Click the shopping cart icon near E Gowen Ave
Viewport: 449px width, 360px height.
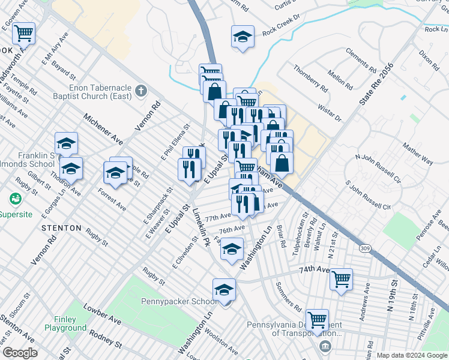pyautogui.click(x=24, y=33)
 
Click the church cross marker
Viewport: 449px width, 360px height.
pyautogui.click(x=141, y=91)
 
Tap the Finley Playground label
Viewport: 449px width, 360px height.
pyautogui.click(x=65, y=324)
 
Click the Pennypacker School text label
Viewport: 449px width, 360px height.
pyautogui.click(x=180, y=301)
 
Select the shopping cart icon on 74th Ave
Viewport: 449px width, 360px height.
pyautogui.click(x=341, y=278)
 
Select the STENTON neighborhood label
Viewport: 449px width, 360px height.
pyautogui.click(x=61, y=228)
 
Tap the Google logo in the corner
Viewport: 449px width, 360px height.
pyautogui.click(x=19, y=353)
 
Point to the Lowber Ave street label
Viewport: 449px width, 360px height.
pyautogui.click(x=104, y=317)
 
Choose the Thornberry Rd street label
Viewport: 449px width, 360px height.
pyautogui.click(x=310, y=78)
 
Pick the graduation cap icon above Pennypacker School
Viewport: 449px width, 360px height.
pyautogui.click(x=224, y=290)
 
